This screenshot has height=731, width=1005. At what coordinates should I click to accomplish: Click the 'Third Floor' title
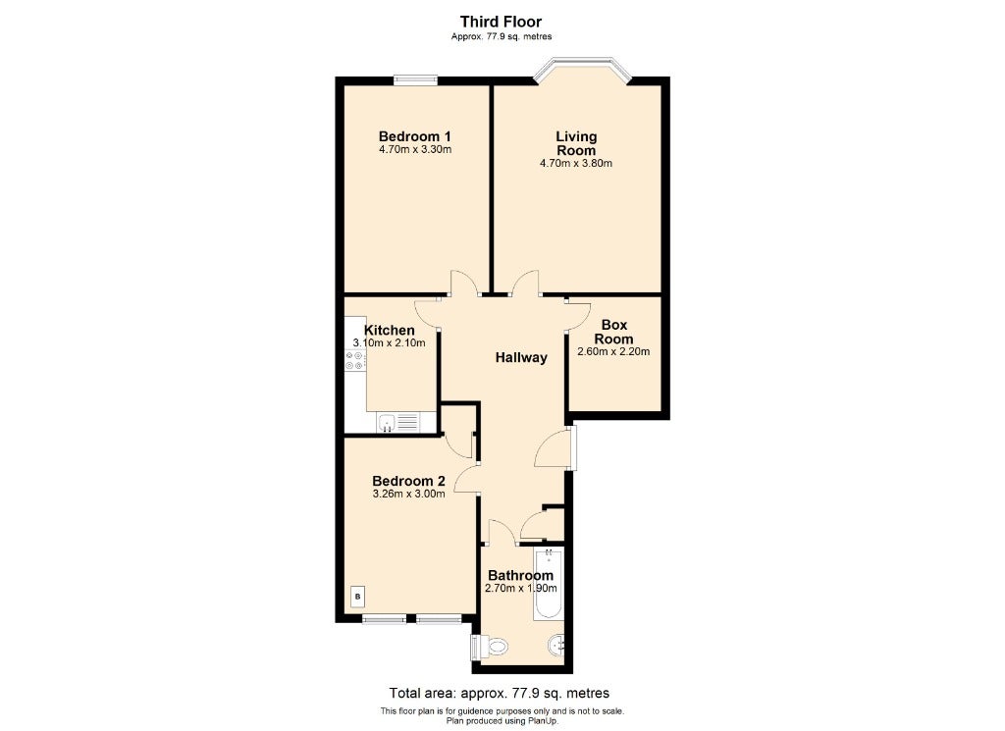pyautogui.click(x=502, y=22)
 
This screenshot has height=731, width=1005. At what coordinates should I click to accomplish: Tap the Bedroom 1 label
pyautogui.click(x=415, y=136)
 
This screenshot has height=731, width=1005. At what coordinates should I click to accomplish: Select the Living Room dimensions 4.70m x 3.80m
pyautogui.click(x=576, y=163)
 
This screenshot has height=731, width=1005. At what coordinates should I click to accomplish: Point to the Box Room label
pyautogui.click(x=614, y=332)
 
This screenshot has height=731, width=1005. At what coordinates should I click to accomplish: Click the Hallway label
pyautogui.click(x=522, y=357)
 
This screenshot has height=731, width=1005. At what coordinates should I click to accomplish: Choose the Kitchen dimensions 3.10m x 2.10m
pyautogui.click(x=389, y=342)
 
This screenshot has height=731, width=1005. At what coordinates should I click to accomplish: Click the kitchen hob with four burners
pyautogui.click(x=354, y=360)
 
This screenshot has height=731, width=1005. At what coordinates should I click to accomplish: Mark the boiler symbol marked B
pyautogui.click(x=358, y=597)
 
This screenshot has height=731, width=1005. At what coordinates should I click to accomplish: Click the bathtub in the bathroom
pyautogui.click(x=548, y=584)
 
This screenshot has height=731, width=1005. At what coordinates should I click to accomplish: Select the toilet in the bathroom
pyautogui.click(x=493, y=646)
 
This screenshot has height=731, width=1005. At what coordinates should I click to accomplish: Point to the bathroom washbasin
pyautogui.click(x=556, y=646)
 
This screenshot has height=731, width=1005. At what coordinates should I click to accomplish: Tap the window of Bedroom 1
pyautogui.click(x=415, y=80)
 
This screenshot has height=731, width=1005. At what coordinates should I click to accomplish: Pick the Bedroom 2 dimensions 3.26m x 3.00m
pyautogui.click(x=409, y=494)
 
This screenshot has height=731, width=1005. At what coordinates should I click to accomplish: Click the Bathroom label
pyautogui.click(x=520, y=575)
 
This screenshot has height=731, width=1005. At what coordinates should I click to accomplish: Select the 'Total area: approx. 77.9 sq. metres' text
pyautogui.click(x=500, y=693)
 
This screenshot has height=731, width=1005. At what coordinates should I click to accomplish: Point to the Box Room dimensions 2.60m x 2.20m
pyautogui.click(x=614, y=351)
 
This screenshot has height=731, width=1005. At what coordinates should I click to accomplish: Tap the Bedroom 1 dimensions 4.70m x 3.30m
pyautogui.click(x=415, y=150)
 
